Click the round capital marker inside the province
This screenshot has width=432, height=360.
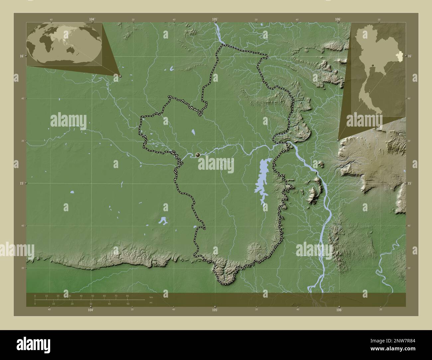click(198, 154)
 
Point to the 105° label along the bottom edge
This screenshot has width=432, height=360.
click(215, 310)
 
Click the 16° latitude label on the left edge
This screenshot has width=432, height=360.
click(21, 56)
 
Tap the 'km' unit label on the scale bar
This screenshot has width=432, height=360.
click(151, 297)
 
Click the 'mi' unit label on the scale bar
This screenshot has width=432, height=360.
click(151, 303)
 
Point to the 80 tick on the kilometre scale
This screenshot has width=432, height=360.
click(127, 296)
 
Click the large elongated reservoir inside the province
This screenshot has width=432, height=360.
click(263, 183)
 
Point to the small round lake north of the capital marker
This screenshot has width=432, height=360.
click(193, 133)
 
